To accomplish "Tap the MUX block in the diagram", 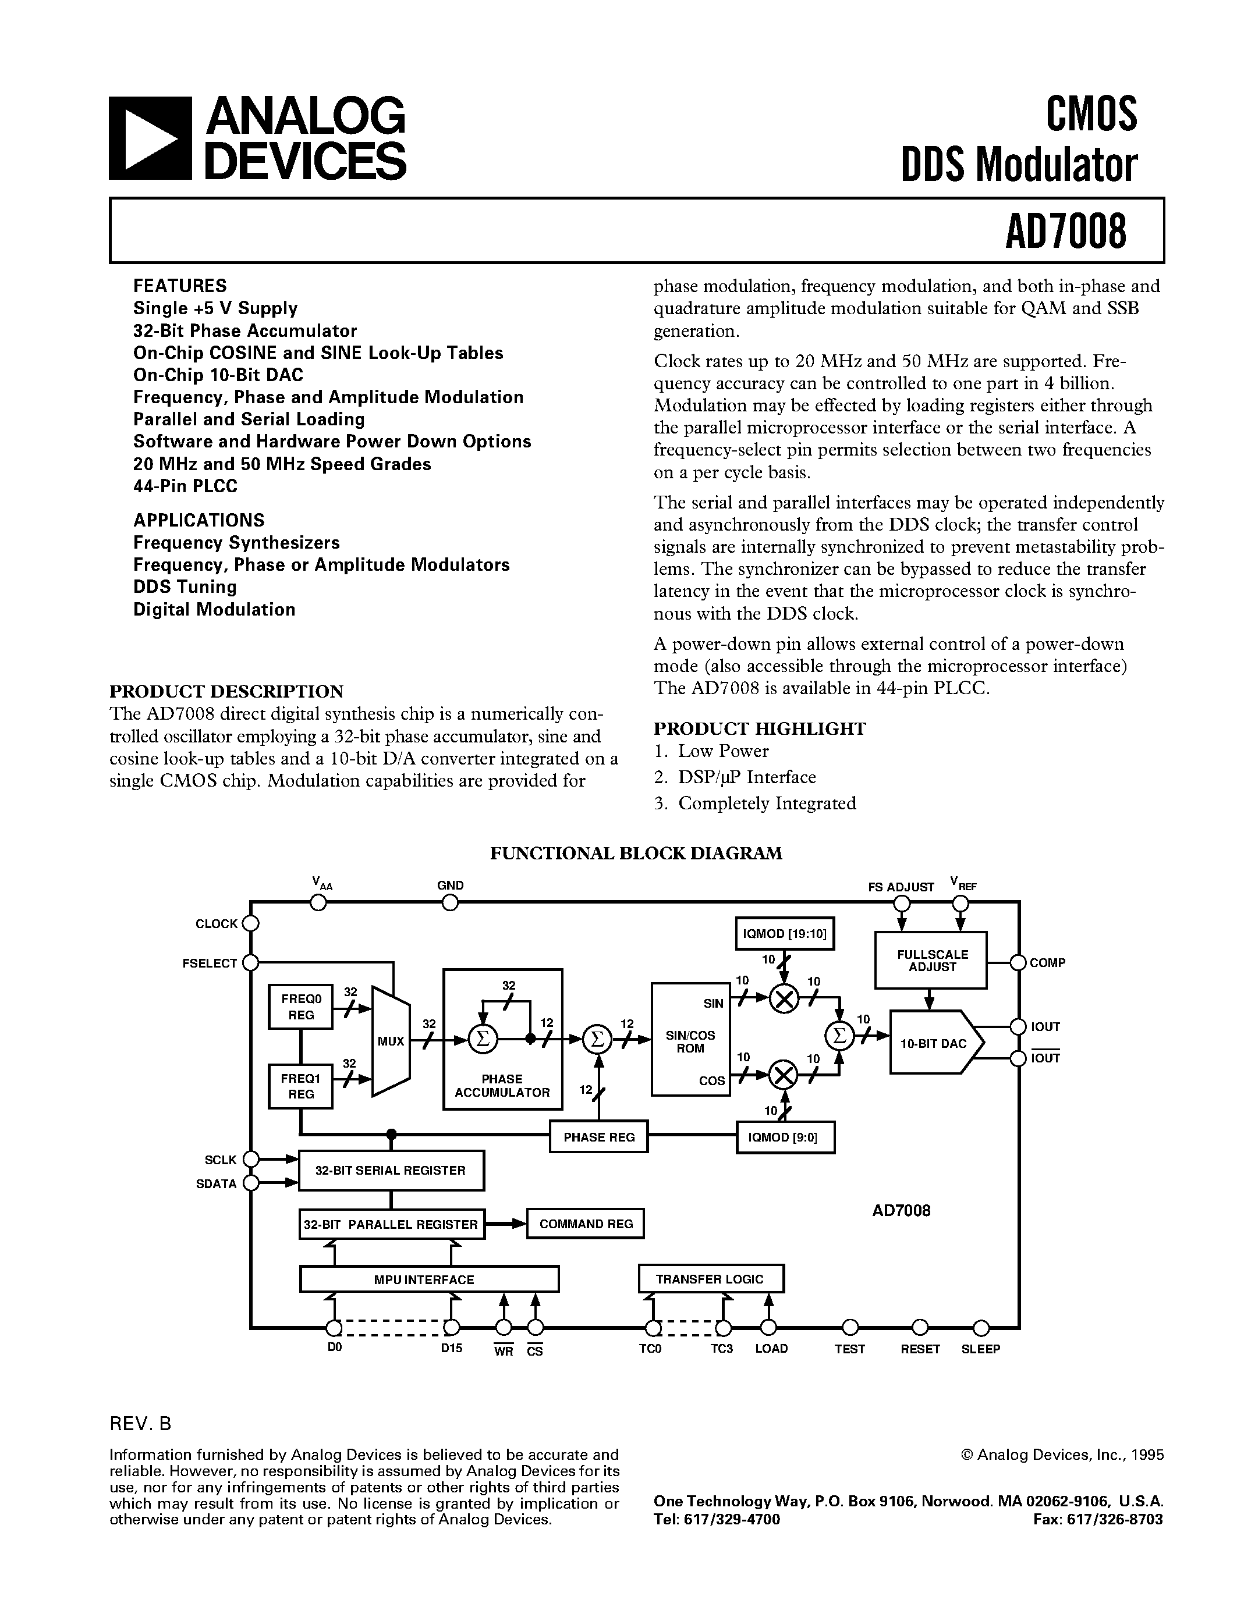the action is (391, 1041).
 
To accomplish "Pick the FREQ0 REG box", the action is (300, 1007).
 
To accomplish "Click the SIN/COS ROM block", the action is (690, 1040).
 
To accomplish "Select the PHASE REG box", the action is (599, 1136).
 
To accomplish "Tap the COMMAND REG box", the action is (586, 1224).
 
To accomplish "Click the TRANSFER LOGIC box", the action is (710, 1278).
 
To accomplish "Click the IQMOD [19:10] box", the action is (785, 933).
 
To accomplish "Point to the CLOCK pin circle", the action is (251, 923).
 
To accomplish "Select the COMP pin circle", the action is (1018, 963).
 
